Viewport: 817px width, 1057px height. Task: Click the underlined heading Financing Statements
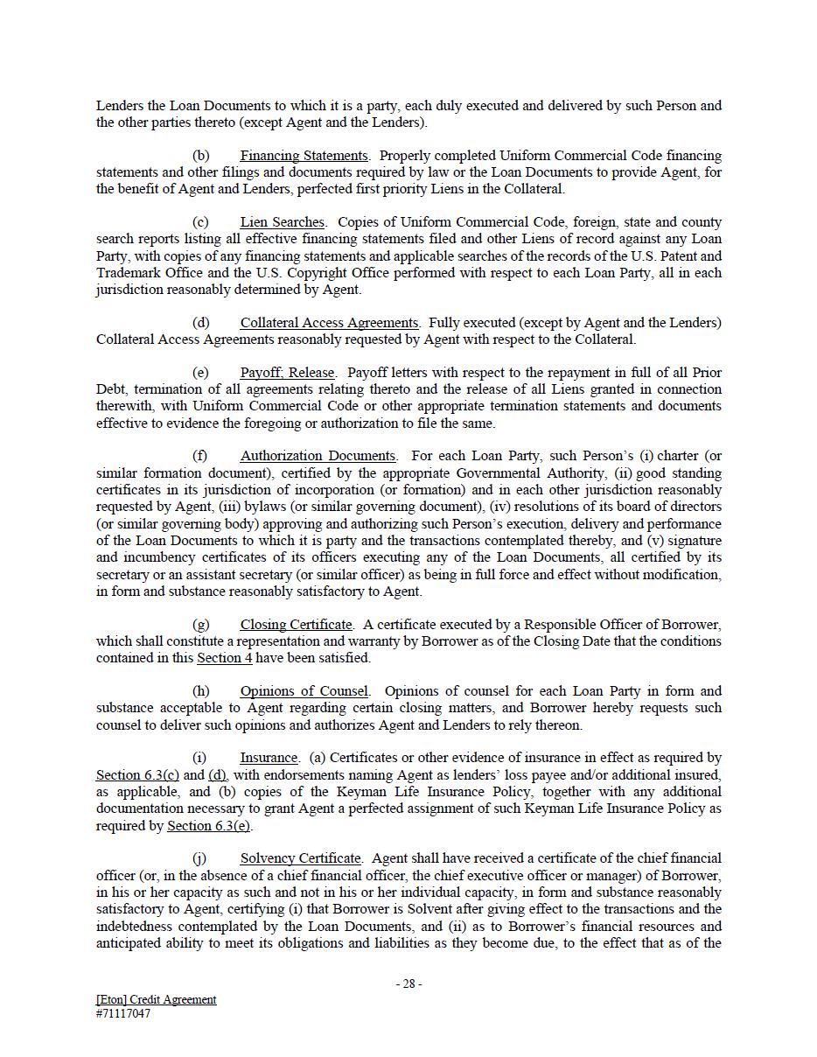click(x=304, y=156)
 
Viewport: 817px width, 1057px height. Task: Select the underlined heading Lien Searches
click(x=282, y=222)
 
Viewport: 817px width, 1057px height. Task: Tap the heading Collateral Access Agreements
click(x=329, y=323)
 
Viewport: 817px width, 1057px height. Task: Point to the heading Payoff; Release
click(x=287, y=373)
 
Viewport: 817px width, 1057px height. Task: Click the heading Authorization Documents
click(x=318, y=456)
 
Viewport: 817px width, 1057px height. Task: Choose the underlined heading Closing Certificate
click(x=296, y=625)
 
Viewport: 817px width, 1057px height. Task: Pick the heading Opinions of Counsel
click(x=304, y=691)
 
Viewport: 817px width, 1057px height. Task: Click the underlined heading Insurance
click(x=269, y=758)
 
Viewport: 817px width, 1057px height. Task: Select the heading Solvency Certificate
click(x=300, y=858)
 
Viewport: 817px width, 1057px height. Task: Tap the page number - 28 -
click(x=408, y=983)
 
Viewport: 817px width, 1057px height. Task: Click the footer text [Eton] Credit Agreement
click(x=157, y=999)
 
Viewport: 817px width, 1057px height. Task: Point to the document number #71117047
click(x=123, y=1014)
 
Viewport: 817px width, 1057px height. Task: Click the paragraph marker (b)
click(x=200, y=156)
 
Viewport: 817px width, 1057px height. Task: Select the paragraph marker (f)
click(x=199, y=456)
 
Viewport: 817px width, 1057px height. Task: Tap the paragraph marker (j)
click(x=199, y=858)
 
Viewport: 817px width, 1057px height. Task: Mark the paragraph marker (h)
click(x=200, y=691)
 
